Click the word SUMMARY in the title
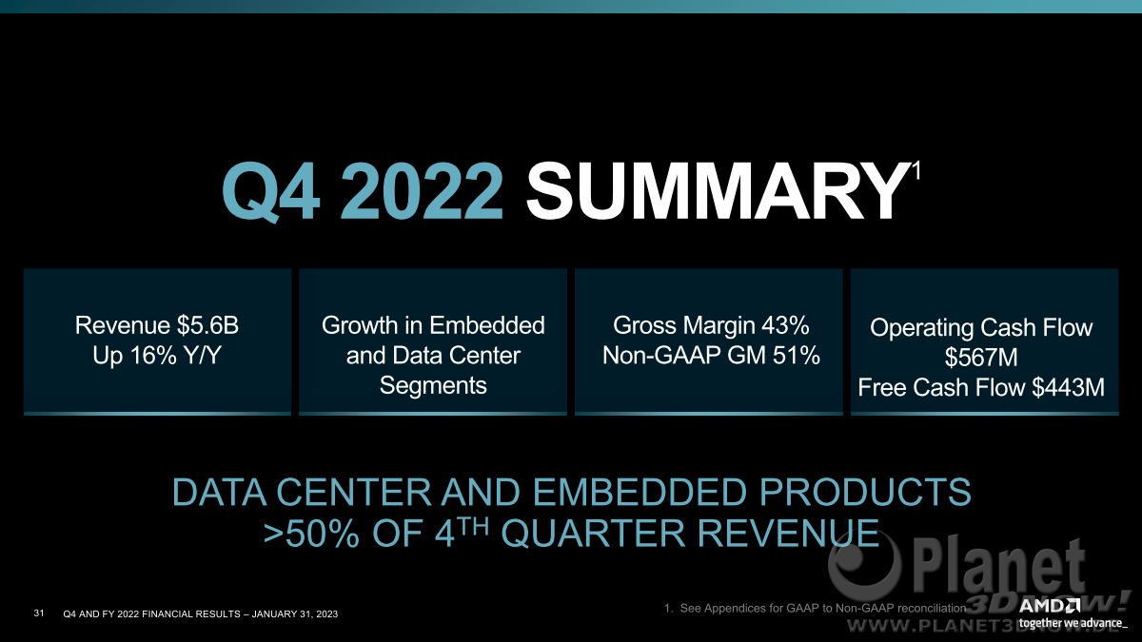(x=716, y=191)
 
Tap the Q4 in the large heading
(x=271, y=192)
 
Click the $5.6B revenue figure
(x=208, y=325)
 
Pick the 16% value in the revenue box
(x=153, y=355)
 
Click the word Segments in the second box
(x=433, y=385)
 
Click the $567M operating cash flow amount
(x=981, y=357)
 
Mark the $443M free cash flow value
(x=1068, y=387)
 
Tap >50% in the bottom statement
(x=311, y=534)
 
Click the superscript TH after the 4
(x=474, y=526)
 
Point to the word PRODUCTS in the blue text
(x=865, y=492)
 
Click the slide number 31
(x=39, y=613)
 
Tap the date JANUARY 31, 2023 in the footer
(x=295, y=614)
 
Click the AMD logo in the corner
(x=1049, y=607)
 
